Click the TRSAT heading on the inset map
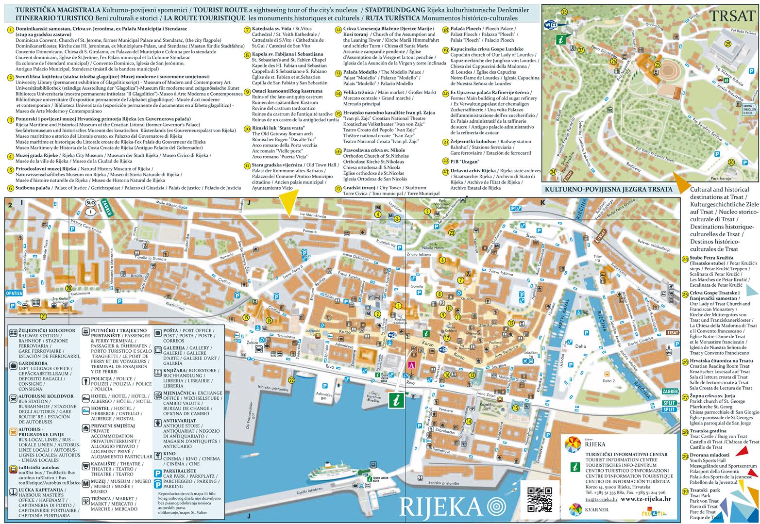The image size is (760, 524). tap(731, 16)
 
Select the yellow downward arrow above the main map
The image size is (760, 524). tap(289, 204)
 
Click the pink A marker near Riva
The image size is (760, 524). tap(411, 365)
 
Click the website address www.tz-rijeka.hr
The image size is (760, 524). tap(646, 498)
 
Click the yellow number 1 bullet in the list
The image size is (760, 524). tap(10, 29)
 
